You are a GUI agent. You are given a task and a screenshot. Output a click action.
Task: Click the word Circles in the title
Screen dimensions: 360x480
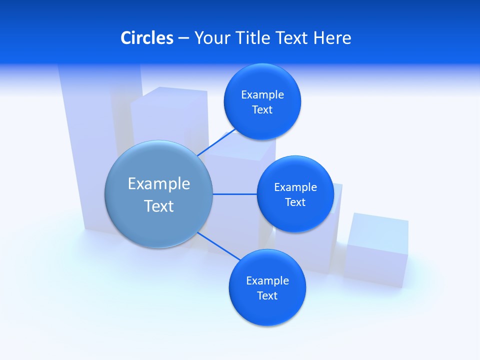[x=146, y=38]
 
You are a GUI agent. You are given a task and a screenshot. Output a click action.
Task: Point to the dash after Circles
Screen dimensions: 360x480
[x=183, y=38]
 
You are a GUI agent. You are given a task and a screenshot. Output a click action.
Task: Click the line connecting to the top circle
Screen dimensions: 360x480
[x=216, y=142]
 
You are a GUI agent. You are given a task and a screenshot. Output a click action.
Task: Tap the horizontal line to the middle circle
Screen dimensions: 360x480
[x=234, y=194]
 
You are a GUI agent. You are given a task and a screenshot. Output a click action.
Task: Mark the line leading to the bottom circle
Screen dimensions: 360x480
[x=218, y=246]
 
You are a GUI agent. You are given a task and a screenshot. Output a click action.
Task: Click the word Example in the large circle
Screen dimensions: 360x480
[x=158, y=184]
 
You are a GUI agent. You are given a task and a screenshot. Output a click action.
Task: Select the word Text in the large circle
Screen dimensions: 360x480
[x=158, y=206]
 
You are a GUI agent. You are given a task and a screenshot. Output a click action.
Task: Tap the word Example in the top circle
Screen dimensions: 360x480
[x=262, y=94]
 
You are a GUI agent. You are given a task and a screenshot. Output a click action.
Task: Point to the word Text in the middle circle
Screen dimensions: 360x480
[x=295, y=202]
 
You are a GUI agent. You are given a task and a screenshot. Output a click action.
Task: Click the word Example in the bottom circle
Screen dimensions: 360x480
[x=267, y=280]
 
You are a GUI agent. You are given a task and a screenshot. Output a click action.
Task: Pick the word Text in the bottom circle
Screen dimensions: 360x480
[x=267, y=295]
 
